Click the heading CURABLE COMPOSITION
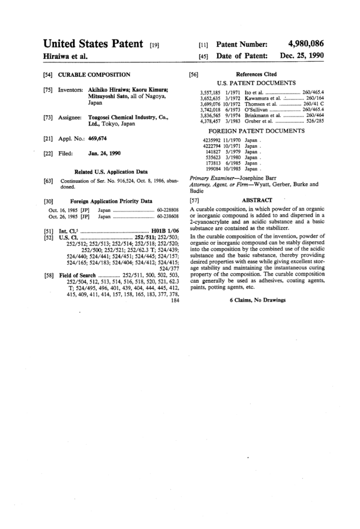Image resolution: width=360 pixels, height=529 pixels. click(x=94, y=75)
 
